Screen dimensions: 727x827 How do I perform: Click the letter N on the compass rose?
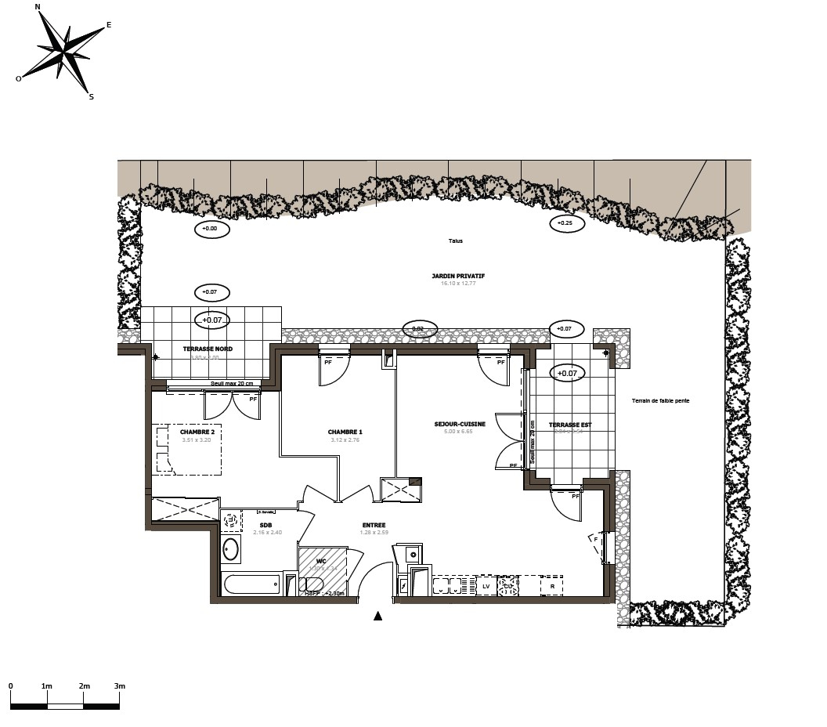click(x=38, y=7)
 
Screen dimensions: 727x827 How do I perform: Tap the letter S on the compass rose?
click(x=91, y=97)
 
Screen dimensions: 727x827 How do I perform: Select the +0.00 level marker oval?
click(x=211, y=230)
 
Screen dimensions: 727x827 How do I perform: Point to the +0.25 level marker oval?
click(x=565, y=223)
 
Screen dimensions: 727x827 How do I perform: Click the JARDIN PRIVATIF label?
click(x=458, y=276)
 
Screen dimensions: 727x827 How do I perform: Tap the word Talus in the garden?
click(x=456, y=241)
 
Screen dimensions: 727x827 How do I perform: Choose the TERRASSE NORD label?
click(x=208, y=349)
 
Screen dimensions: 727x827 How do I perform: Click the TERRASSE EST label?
click(x=570, y=425)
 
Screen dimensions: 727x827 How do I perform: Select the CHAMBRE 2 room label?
click(x=197, y=432)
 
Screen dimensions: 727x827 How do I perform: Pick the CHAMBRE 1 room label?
click(x=345, y=432)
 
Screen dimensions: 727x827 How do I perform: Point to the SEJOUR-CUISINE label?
click(x=460, y=425)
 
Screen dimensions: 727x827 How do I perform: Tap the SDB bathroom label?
click(x=266, y=525)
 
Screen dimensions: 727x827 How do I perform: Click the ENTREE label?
click(x=374, y=525)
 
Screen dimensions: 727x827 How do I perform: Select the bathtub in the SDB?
click(x=251, y=584)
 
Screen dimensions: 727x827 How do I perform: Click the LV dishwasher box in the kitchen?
click(x=486, y=586)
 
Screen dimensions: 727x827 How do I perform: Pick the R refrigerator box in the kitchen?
click(x=552, y=586)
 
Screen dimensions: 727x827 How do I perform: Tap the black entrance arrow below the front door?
click(x=377, y=616)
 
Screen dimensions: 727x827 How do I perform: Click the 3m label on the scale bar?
click(x=119, y=686)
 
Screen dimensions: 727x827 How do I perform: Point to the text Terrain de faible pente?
click(x=660, y=401)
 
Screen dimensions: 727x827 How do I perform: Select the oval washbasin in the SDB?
click(x=230, y=549)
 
